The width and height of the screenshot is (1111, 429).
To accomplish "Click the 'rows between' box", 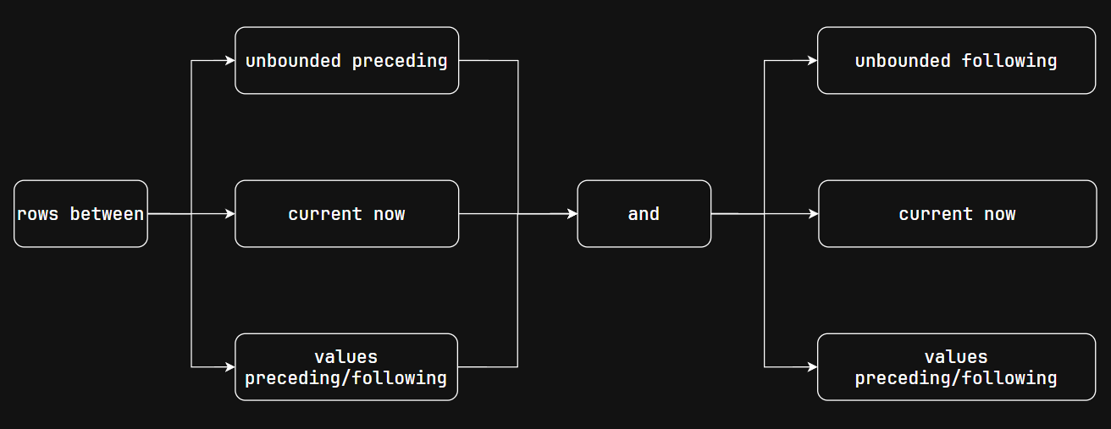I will click(x=80, y=214).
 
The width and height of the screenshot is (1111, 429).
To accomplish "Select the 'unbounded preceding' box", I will click(x=346, y=61).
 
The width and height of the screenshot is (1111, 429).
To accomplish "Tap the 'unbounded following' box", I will click(x=956, y=61).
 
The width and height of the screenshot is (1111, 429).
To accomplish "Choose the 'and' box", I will click(x=644, y=214).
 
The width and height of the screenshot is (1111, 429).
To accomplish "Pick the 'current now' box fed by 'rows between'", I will click(x=346, y=214).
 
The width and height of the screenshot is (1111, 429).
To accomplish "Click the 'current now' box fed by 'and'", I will click(x=957, y=214).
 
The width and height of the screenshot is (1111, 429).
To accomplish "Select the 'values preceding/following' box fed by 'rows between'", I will click(x=346, y=367).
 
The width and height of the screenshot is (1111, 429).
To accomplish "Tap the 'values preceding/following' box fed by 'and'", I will click(x=956, y=367).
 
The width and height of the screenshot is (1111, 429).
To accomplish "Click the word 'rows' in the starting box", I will click(x=37, y=214).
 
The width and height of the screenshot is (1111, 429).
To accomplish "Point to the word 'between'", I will click(x=107, y=214).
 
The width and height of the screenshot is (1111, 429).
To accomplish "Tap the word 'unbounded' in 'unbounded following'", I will click(x=903, y=61).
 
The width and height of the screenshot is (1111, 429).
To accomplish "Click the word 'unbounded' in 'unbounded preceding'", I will click(x=293, y=61).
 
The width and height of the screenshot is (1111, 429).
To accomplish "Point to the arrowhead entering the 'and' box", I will click(x=572, y=214).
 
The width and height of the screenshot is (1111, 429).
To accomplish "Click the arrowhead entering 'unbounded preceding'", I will click(x=229, y=61).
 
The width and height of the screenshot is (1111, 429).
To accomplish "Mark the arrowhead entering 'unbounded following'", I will click(x=812, y=61).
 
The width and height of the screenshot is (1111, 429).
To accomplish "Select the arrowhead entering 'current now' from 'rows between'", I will click(x=229, y=214).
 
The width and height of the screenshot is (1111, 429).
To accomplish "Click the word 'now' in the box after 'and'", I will click(x=999, y=214).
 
